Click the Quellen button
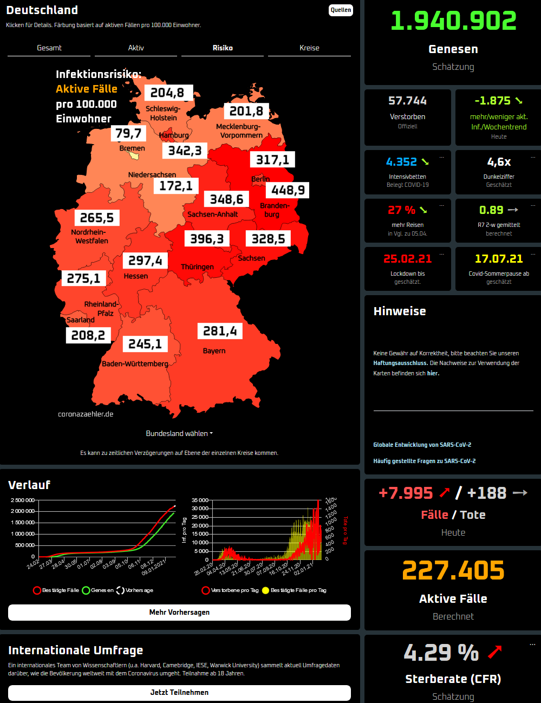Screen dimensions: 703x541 (341, 10)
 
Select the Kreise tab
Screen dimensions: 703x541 (309, 48)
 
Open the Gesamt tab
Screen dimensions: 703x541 (49, 48)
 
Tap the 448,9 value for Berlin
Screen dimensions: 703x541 (288, 190)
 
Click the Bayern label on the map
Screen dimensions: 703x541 (214, 351)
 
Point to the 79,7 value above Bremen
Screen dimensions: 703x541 (128, 133)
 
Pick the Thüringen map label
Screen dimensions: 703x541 (197, 267)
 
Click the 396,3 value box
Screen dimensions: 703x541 (207, 239)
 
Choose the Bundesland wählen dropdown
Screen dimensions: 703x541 (179, 433)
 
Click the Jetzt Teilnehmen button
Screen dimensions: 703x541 (179, 692)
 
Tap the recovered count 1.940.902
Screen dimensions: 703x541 (453, 21)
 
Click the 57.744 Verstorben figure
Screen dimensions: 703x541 (407, 101)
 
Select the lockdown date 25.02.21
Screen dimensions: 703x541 (407, 259)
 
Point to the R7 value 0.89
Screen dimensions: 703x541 (491, 210)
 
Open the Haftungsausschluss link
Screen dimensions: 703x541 (400, 363)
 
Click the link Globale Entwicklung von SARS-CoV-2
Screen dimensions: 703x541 (422, 445)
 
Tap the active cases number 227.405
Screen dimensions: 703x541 (453, 570)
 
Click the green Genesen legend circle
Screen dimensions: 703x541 (86, 590)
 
